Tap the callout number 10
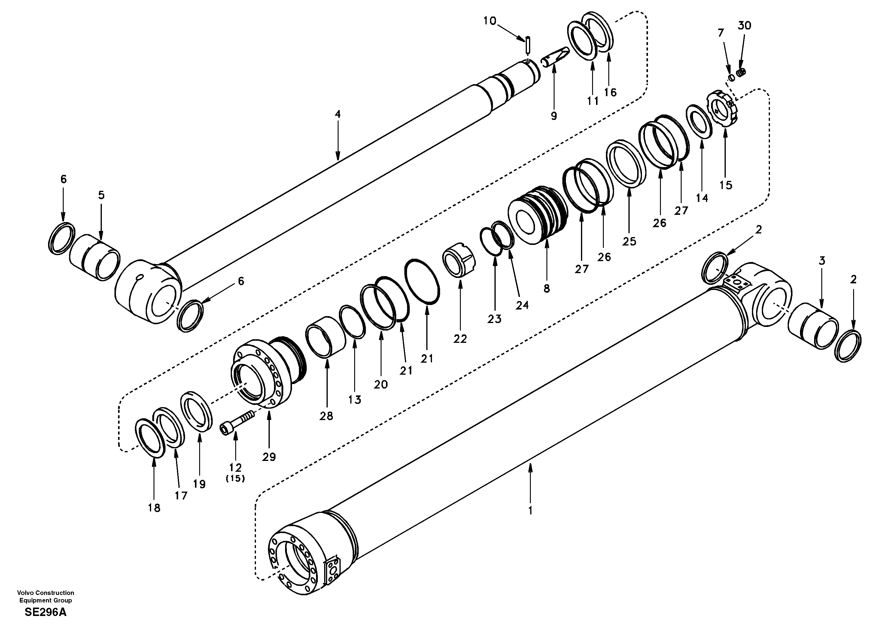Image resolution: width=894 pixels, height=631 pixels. (490, 21)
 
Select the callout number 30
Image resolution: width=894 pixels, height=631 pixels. (744, 26)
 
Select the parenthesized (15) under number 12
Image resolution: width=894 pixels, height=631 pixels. (235, 479)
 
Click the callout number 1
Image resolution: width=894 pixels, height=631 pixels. (530, 510)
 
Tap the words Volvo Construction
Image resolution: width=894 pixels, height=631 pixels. (46, 593)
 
